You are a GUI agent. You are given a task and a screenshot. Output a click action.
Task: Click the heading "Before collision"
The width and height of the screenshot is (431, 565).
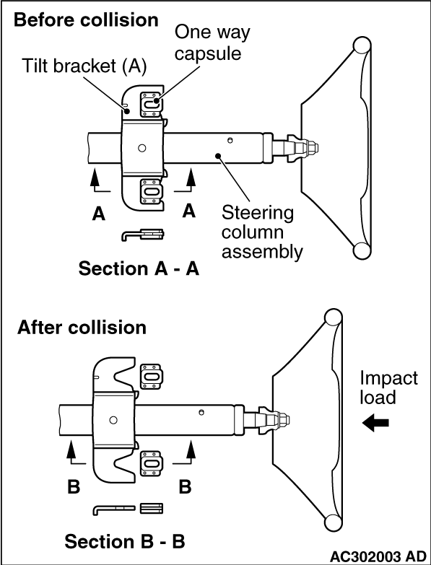(x=86, y=20)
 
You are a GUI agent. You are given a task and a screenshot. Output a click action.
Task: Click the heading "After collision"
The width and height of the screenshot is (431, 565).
(x=82, y=328)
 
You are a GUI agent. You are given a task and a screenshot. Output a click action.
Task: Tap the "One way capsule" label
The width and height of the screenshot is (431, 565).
(x=212, y=43)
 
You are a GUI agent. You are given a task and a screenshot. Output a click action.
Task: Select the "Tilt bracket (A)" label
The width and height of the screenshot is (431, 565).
(x=84, y=66)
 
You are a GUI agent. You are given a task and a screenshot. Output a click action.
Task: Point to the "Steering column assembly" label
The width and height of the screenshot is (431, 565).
(x=261, y=232)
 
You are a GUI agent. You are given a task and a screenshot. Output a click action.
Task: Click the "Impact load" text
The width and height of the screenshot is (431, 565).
(x=389, y=387)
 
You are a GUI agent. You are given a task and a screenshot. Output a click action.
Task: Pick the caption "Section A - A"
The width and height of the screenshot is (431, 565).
(x=139, y=269)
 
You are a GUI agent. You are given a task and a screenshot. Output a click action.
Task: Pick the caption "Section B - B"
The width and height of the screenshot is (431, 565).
(x=125, y=541)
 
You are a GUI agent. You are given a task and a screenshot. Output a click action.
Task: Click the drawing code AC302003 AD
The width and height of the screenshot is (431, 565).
(x=378, y=557)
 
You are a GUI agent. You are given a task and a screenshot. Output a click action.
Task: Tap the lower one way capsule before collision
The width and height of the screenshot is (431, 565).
(x=151, y=191)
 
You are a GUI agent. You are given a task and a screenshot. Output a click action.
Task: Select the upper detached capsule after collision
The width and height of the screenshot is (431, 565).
(x=152, y=377)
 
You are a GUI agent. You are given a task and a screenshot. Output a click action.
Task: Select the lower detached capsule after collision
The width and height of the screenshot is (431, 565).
(x=152, y=463)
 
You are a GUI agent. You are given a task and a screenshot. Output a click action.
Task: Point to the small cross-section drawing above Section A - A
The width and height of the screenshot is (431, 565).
(x=143, y=235)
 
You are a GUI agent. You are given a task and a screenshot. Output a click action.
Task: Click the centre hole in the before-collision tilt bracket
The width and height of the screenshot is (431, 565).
(x=142, y=148)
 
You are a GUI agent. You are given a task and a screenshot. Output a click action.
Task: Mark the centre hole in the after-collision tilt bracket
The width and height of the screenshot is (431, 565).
(x=113, y=420)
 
